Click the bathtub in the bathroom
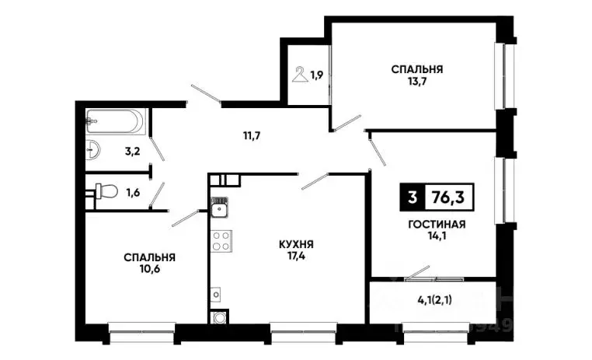click(x=115, y=121)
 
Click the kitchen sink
click(x=219, y=208)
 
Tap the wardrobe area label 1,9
click(x=317, y=75)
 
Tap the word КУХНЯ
click(x=296, y=243)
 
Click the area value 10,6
click(x=148, y=271)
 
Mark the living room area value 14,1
click(x=436, y=238)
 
